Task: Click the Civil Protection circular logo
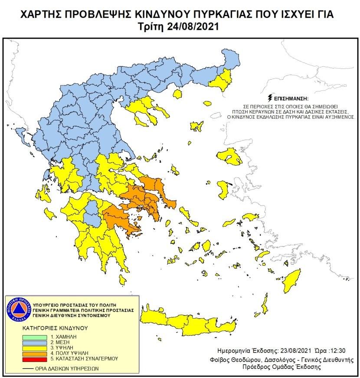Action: coord(19,310)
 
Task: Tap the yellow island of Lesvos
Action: coord(229,156)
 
